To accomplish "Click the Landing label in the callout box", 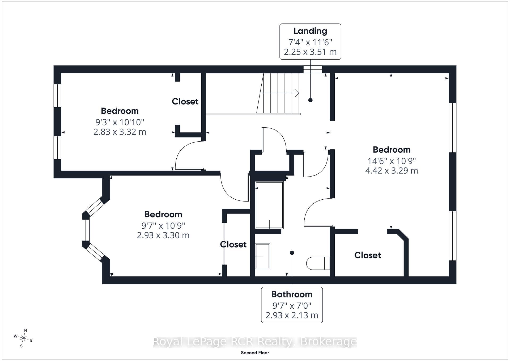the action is (310, 31).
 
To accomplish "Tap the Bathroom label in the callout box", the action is (292, 294).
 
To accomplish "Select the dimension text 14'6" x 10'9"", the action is (392, 161).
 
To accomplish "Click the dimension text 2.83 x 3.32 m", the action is (120, 132).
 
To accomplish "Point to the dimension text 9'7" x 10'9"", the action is (163, 226).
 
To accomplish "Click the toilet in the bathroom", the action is (318, 263).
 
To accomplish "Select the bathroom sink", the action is (262, 256).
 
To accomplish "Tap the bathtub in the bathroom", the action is (269, 205).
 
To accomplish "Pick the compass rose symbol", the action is (23, 338).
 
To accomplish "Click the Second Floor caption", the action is (255, 353).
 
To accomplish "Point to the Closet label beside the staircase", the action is (185, 101).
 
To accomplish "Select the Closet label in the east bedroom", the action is (368, 255).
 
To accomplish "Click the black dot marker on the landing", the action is (310, 100).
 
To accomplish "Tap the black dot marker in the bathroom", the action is (292, 253).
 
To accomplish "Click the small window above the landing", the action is (313, 69).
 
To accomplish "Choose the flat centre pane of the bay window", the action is (86, 230).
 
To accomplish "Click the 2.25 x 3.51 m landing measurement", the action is (310, 52).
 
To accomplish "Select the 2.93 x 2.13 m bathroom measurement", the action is (292, 315).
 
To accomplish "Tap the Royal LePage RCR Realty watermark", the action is (255, 342).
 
